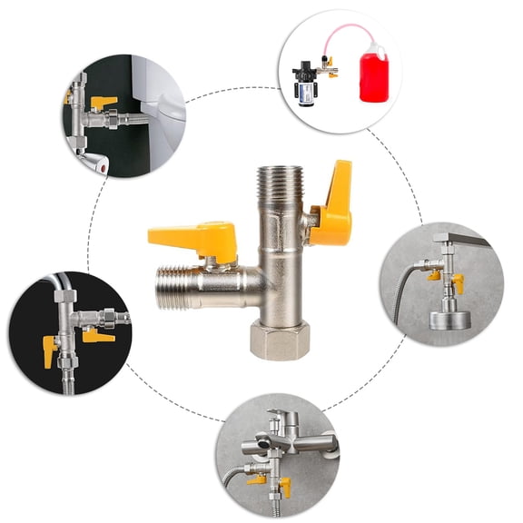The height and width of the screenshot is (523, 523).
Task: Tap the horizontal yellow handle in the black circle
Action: coord(98,336)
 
